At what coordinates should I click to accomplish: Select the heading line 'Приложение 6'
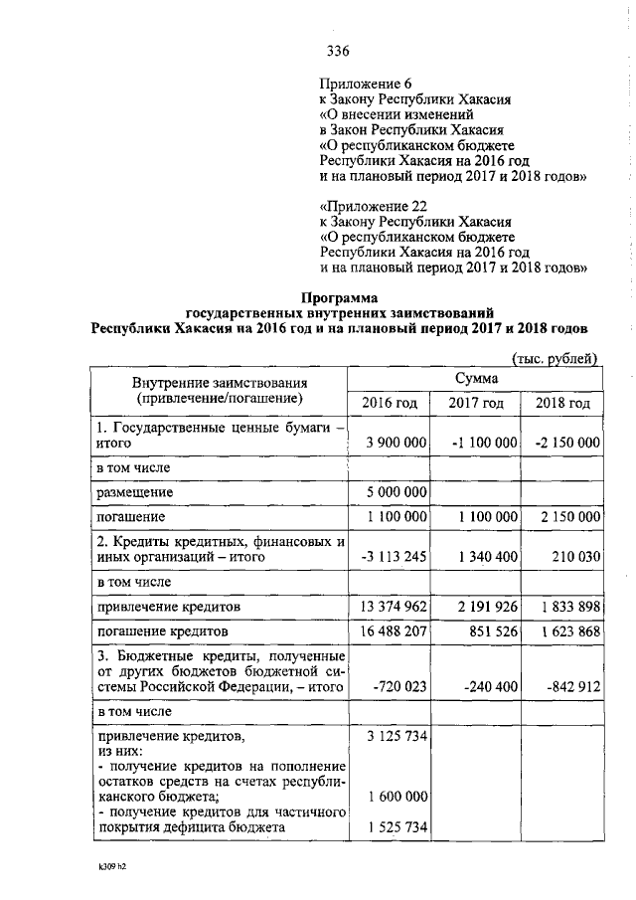click(x=364, y=83)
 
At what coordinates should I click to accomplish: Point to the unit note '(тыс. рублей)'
click(x=554, y=358)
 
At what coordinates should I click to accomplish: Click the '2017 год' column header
click(x=476, y=404)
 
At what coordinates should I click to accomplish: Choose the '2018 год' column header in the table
click(x=562, y=404)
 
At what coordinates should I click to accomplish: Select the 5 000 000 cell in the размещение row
click(x=396, y=492)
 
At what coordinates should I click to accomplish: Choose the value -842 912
click(x=569, y=685)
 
